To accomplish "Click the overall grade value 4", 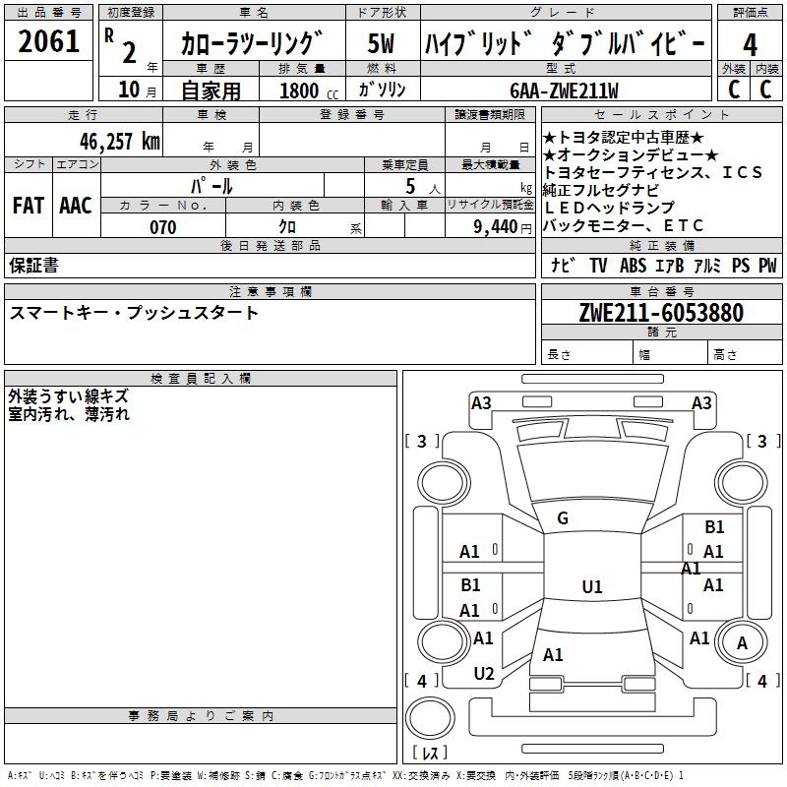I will click(750, 45).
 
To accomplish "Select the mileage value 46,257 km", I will click(120, 142).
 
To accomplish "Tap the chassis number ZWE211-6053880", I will click(661, 313).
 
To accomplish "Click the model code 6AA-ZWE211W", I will click(565, 91).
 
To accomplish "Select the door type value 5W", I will click(382, 45).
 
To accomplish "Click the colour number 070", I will click(162, 227).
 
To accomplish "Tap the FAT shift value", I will click(28, 206).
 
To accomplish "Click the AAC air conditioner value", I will click(76, 206).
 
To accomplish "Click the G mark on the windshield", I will click(563, 518).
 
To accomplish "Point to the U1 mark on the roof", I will click(591, 587).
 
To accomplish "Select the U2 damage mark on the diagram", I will click(484, 674).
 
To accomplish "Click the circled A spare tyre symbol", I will click(743, 643).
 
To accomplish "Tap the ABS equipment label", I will click(634, 266).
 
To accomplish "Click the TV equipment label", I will click(598, 266).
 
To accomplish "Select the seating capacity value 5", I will click(408, 186).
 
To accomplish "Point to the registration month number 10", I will click(128, 91).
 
